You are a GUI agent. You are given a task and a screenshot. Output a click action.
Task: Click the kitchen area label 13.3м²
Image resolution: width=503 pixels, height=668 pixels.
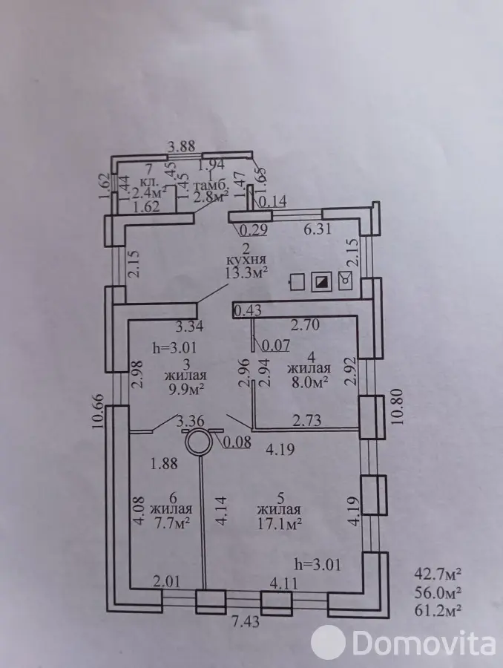[x=246, y=272]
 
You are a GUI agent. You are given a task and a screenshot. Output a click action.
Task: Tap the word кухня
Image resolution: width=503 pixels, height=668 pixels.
[x=246, y=260]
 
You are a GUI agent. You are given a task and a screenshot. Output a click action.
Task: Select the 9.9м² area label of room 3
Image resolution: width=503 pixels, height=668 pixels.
[x=185, y=388]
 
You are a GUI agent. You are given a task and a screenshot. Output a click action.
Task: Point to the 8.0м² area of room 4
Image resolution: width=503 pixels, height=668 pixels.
[x=309, y=382]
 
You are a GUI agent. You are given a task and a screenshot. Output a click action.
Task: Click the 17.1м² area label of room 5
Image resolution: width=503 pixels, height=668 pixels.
[x=280, y=523]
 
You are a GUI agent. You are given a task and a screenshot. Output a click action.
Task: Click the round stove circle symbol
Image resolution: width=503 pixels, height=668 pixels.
[x=199, y=442]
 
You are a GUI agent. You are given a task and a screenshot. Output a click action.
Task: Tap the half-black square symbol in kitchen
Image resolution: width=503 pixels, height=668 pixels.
[x=321, y=281]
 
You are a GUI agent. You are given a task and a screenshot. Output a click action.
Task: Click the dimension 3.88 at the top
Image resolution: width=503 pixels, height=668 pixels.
[x=182, y=146]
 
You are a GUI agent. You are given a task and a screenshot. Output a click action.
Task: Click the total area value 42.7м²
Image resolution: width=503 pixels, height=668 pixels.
[x=438, y=574]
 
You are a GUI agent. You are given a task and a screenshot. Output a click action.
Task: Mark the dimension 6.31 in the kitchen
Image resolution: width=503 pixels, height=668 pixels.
[x=318, y=229]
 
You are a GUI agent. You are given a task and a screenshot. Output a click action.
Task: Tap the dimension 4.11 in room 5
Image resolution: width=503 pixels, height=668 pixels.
[x=283, y=583]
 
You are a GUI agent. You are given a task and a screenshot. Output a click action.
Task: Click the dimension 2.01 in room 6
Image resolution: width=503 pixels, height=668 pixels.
[x=165, y=580]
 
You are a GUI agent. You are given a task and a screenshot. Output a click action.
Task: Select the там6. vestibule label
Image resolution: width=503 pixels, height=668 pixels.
[x=211, y=186]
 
